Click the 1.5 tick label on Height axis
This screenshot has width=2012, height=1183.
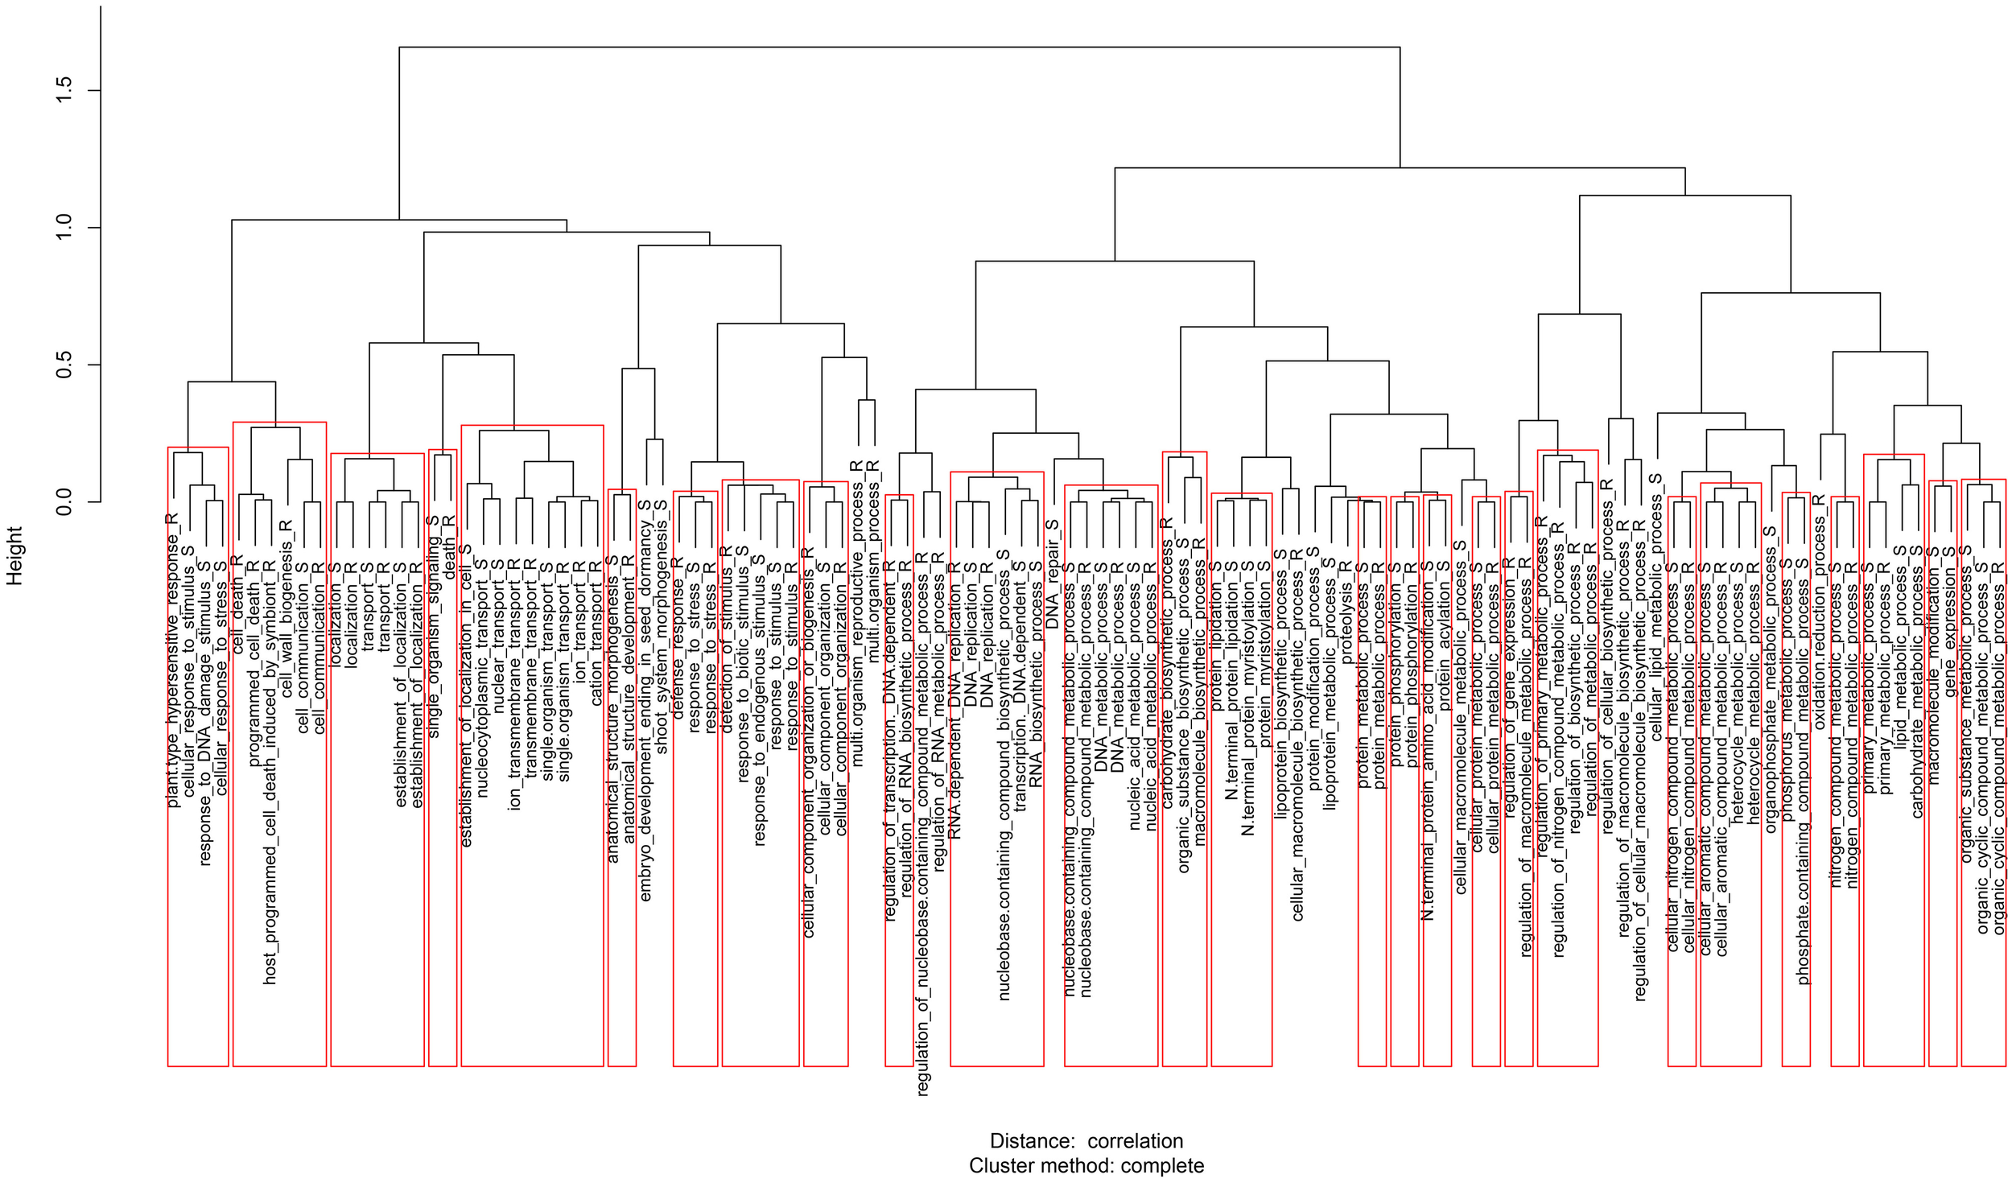pos(65,91)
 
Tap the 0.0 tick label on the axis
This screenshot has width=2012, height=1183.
pos(65,502)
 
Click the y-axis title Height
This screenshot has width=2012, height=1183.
pos(14,555)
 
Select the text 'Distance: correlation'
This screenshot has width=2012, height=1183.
pos(1086,1140)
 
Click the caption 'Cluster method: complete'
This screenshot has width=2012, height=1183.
pos(1086,1165)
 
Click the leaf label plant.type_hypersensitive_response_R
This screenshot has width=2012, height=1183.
pos(172,660)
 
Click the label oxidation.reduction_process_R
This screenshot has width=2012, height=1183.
pos(1819,612)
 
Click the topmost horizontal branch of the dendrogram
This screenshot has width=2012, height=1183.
pos(899,47)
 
